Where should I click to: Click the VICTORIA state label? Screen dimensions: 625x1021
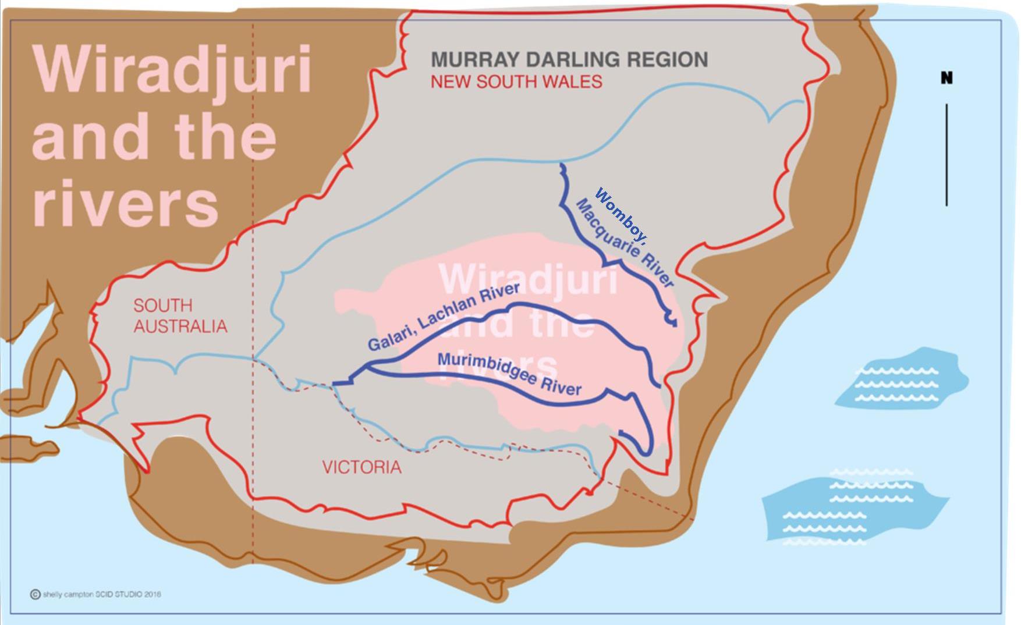click(361, 467)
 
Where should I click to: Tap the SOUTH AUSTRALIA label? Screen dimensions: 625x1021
click(180, 316)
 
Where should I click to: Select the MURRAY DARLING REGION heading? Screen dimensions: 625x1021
click(569, 59)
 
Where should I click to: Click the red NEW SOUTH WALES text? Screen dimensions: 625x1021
click(516, 81)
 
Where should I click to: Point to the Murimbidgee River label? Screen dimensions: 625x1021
click(509, 374)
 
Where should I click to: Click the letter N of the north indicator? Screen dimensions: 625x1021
click(946, 78)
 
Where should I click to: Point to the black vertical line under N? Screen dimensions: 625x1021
click(946, 154)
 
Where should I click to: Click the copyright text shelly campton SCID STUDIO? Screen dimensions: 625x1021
click(101, 594)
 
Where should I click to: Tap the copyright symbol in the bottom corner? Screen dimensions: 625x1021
click(35, 594)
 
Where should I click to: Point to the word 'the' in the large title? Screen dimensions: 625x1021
click(224, 137)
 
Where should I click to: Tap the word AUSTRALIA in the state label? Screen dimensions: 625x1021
click(180, 326)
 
